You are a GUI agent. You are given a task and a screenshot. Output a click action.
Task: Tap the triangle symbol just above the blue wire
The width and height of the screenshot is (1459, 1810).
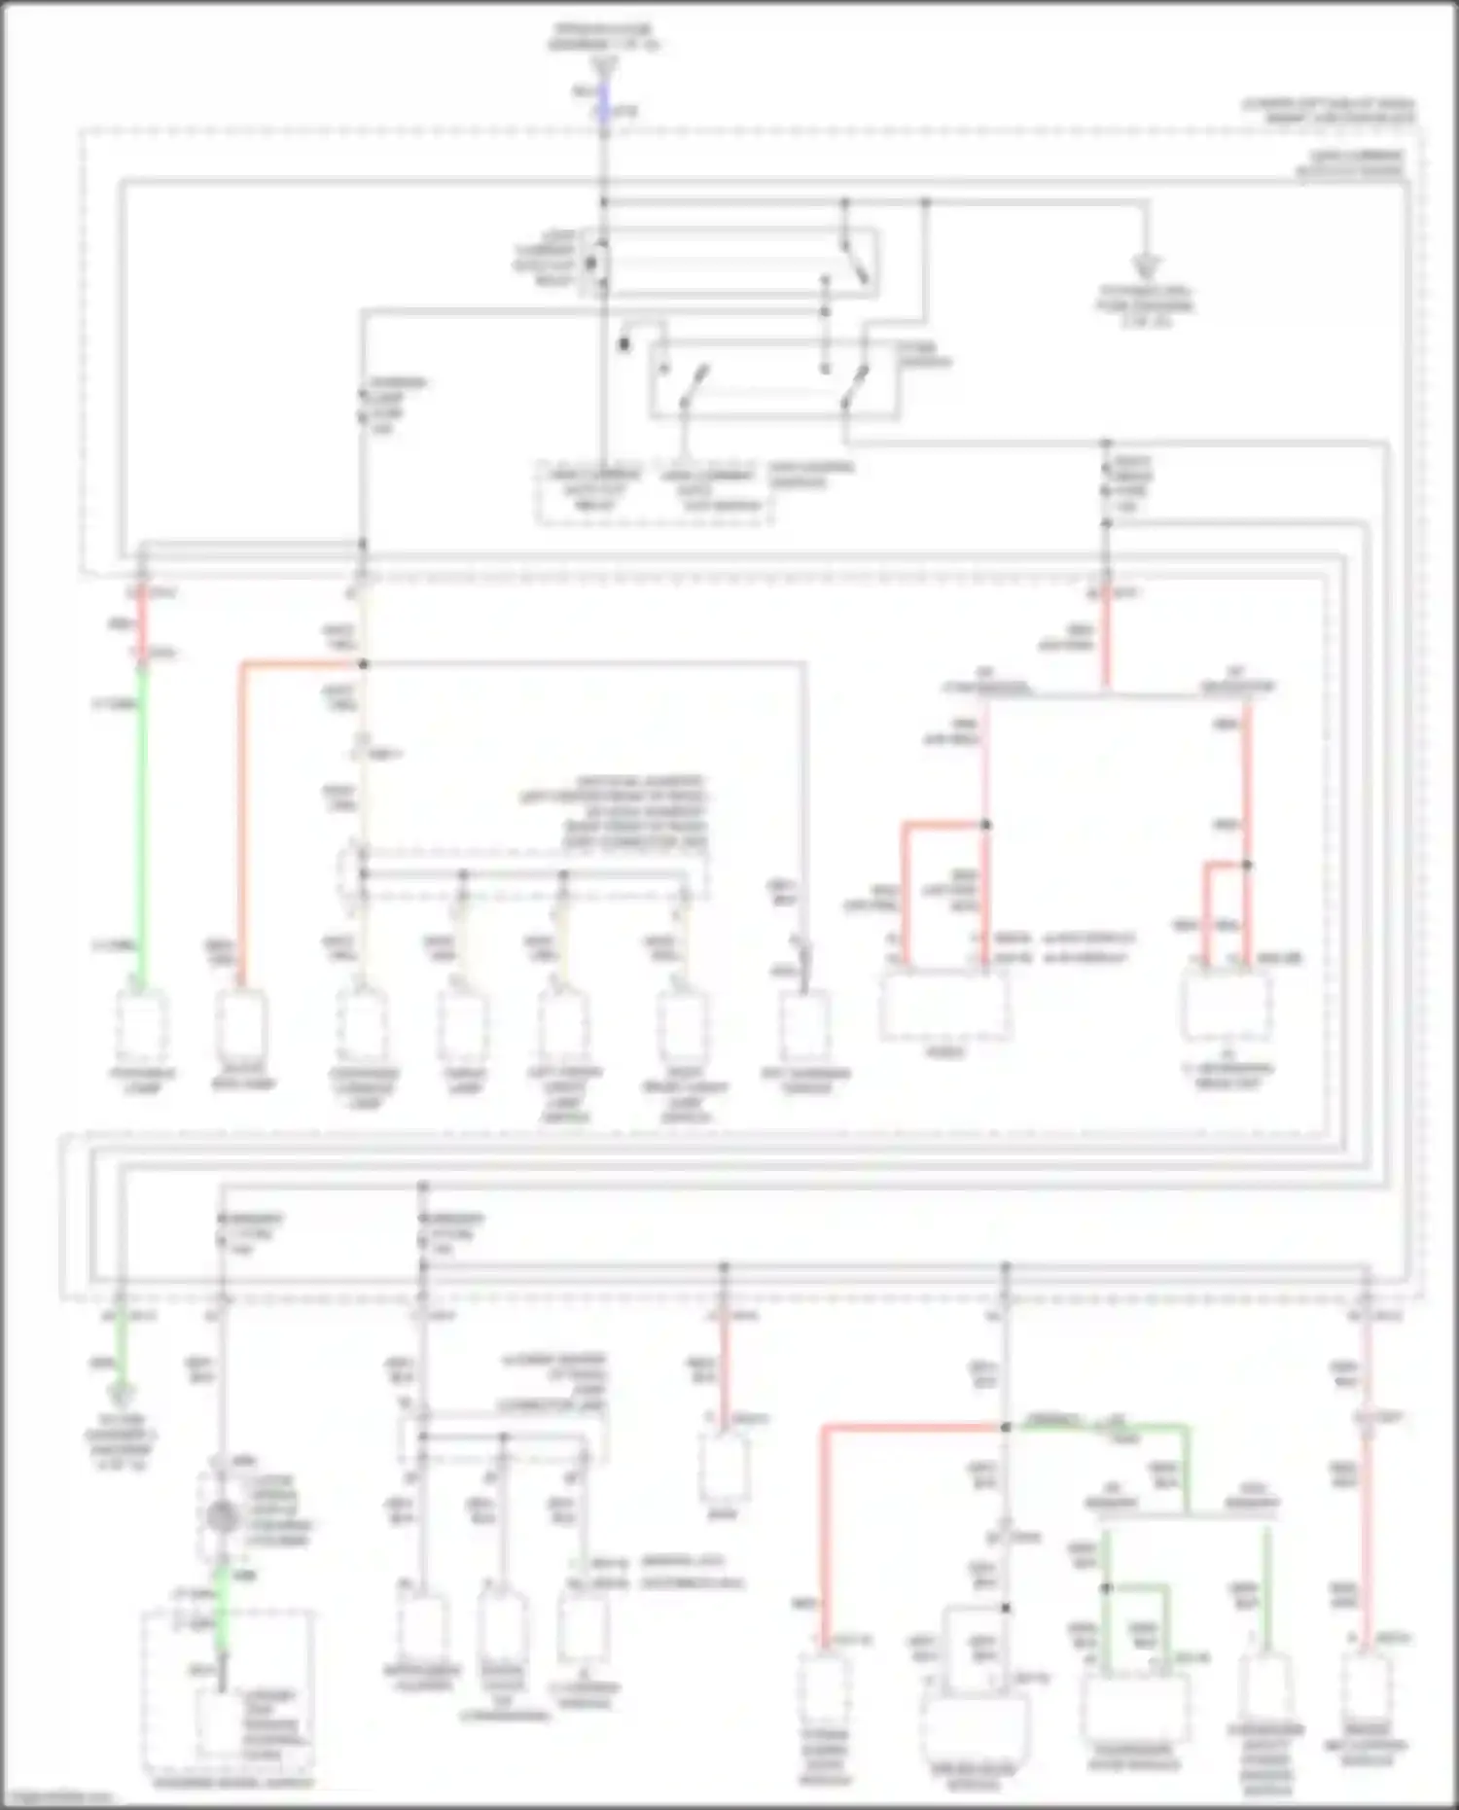click(603, 65)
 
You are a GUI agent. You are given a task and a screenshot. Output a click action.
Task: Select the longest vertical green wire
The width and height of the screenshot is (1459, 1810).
click(143, 827)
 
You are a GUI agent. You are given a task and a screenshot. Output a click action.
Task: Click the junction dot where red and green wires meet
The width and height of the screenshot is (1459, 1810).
click(1006, 1427)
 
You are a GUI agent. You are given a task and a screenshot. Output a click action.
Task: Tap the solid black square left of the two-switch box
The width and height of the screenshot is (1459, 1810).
click(624, 344)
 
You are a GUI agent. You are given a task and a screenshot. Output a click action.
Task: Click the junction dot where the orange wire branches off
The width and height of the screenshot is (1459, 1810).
click(364, 664)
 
